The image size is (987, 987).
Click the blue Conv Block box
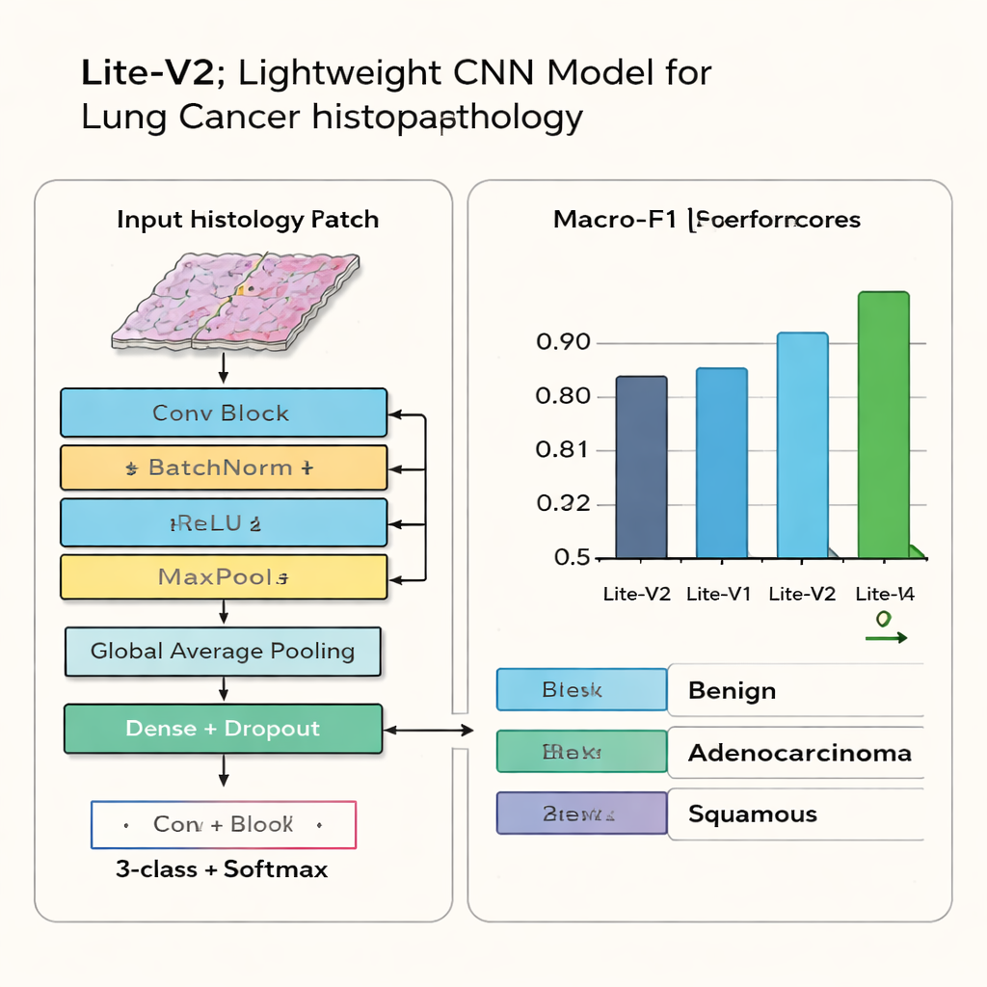point(223,413)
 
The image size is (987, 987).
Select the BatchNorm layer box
point(223,468)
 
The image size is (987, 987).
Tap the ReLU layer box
point(223,523)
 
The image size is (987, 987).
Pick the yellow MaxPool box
point(223,577)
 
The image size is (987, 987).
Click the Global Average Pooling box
point(223,652)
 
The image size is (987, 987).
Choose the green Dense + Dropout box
point(223,729)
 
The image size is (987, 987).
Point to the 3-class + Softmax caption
point(222,869)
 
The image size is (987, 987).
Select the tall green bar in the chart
point(883,425)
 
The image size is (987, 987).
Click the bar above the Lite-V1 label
point(721,463)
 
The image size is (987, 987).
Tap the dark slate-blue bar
point(641,467)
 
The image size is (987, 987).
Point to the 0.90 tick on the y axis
point(562,343)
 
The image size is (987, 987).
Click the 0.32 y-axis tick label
point(562,504)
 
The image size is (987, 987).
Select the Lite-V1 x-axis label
point(718,594)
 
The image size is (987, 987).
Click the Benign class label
point(732,691)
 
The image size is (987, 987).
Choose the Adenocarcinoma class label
point(799,753)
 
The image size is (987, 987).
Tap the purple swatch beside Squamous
point(581,814)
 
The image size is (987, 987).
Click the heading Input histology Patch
point(248,220)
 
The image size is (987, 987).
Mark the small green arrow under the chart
point(885,637)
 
